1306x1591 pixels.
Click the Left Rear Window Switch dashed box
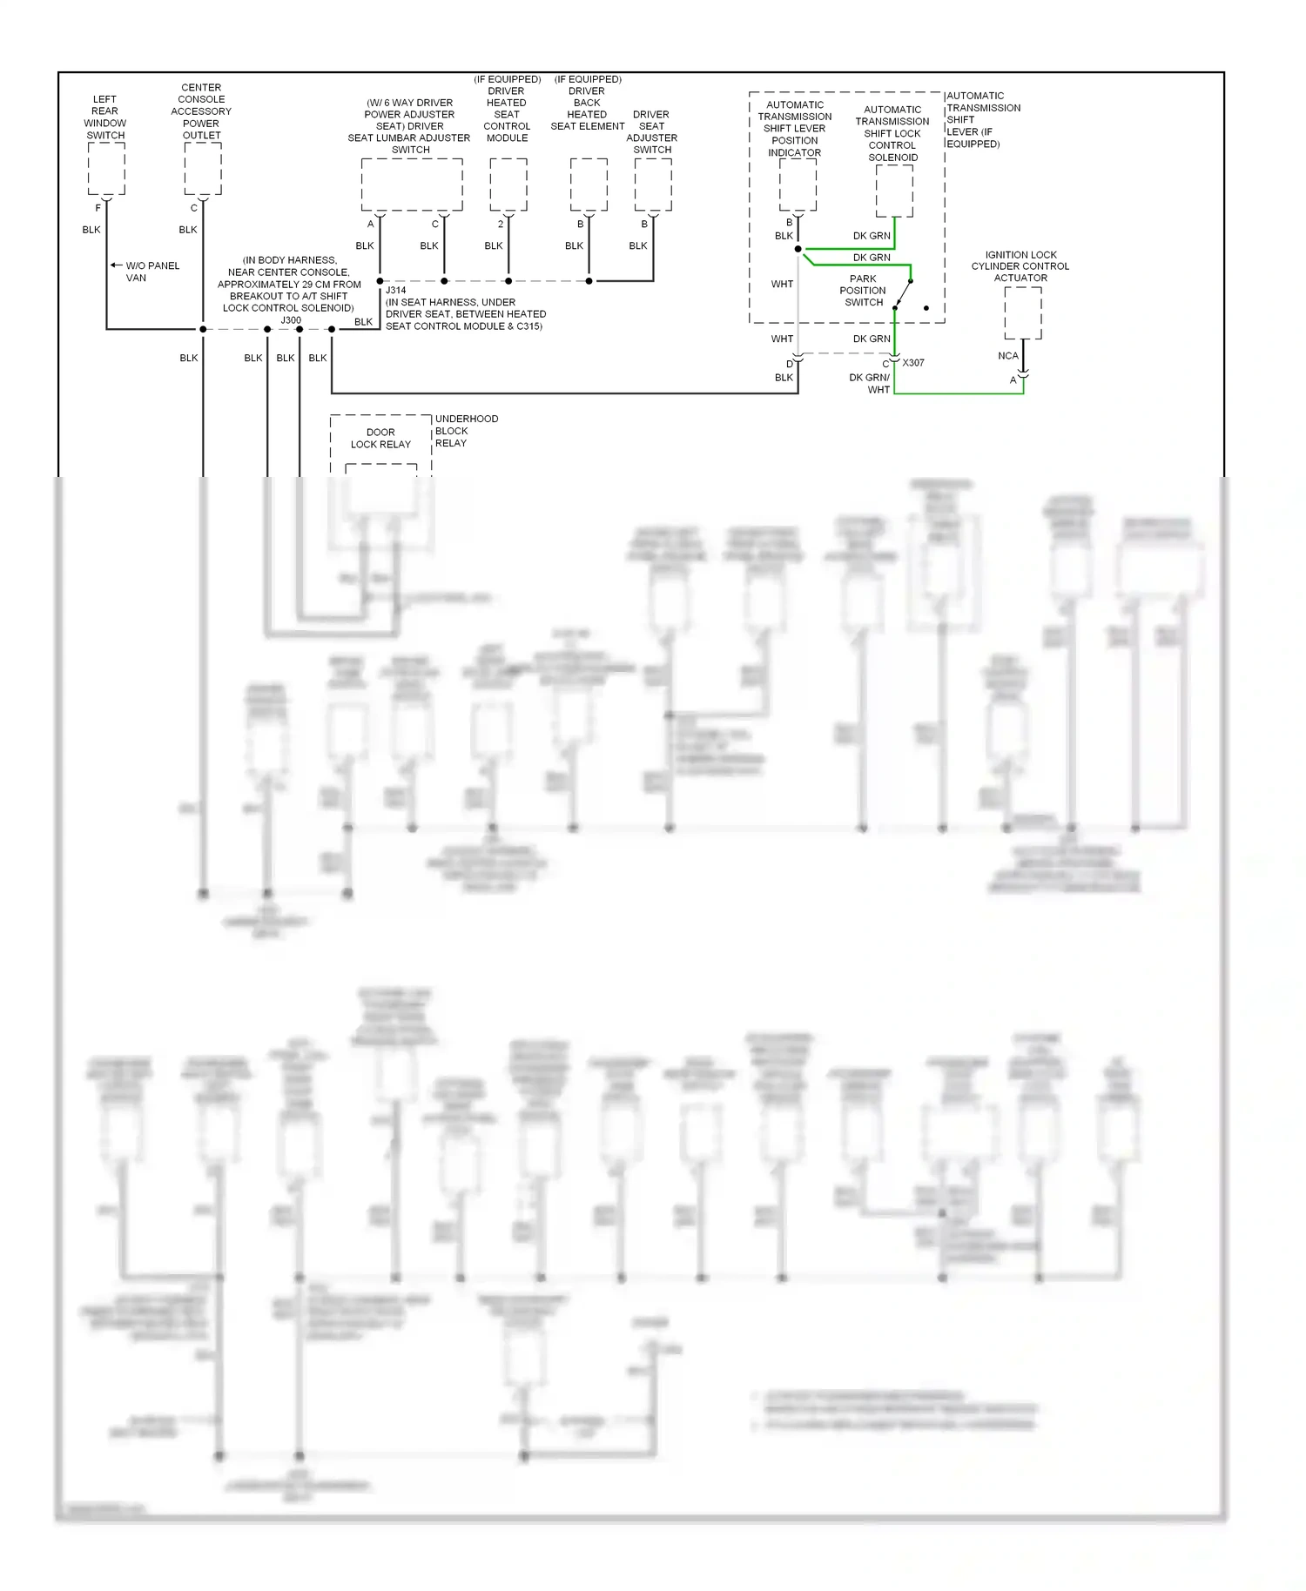(106, 169)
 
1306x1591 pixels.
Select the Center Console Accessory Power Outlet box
(202, 169)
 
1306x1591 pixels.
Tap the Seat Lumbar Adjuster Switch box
(411, 184)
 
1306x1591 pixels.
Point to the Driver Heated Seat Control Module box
(508, 184)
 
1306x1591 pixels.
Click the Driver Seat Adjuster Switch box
(652, 184)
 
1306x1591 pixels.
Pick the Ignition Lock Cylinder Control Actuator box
(1022, 312)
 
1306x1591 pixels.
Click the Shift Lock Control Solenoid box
(893, 191)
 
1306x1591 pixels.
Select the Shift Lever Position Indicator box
(798, 185)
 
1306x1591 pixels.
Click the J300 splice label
(291, 320)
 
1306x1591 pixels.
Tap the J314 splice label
(395, 291)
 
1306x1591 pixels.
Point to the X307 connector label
(913, 363)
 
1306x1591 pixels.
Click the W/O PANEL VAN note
(152, 272)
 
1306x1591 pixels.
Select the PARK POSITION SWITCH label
(863, 291)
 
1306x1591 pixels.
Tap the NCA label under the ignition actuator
(1007, 356)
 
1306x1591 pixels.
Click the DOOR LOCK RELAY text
(380, 438)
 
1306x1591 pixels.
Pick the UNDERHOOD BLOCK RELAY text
(466, 431)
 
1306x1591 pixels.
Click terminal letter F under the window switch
(98, 208)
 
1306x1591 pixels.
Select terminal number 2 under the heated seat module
(501, 225)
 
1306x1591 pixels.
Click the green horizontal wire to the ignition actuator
(958, 393)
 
